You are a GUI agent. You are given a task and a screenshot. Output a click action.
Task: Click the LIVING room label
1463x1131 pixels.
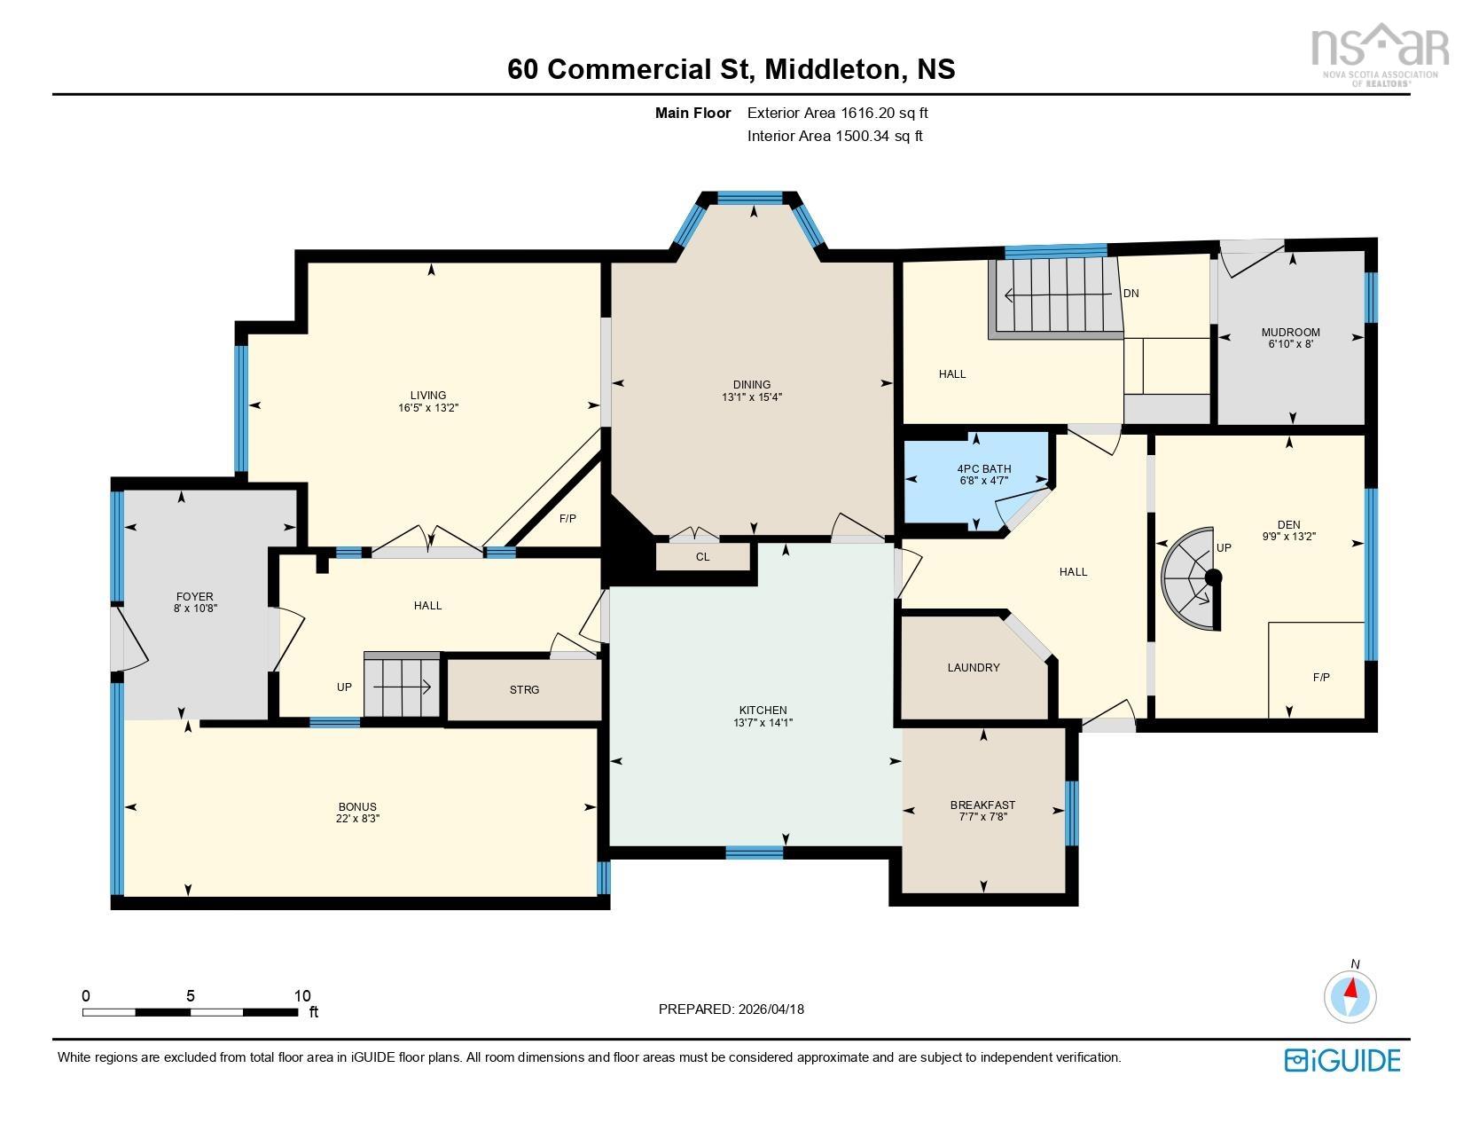click(427, 396)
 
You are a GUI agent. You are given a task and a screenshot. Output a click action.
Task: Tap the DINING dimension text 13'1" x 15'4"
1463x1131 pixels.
click(751, 397)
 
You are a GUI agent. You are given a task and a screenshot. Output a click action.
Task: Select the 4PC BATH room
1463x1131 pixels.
click(975, 479)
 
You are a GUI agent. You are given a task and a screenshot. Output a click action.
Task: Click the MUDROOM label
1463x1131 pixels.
click(1290, 333)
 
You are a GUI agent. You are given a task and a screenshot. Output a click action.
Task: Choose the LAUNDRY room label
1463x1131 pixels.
click(973, 668)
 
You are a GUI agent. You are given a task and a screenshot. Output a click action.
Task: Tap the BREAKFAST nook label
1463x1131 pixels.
click(982, 805)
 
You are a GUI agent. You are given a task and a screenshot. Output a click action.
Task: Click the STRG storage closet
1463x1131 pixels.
click(524, 689)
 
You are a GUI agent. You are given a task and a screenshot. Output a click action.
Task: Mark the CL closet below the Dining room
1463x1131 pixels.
click(702, 557)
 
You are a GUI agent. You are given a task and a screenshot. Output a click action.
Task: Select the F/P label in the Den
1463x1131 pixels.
click(1320, 677)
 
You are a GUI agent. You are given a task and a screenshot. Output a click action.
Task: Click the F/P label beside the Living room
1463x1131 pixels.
click(567, 518)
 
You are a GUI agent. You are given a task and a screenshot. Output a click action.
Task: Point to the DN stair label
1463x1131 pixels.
click(1130, 294)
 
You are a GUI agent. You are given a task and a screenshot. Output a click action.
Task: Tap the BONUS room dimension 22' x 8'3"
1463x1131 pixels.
click(357, 819)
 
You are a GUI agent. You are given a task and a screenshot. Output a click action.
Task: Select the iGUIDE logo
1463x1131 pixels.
click(1342, 1060)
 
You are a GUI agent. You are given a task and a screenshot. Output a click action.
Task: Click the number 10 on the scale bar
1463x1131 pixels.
click(301, 996)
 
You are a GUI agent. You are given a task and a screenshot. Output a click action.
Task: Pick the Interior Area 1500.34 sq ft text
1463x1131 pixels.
click(834, 136)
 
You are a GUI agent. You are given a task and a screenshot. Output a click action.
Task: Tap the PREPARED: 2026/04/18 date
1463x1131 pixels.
click(731, 1009)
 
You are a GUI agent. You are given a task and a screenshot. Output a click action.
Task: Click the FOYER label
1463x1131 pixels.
click(194, 597)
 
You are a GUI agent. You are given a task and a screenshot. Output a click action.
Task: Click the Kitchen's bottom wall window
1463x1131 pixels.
click(754, 852)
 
